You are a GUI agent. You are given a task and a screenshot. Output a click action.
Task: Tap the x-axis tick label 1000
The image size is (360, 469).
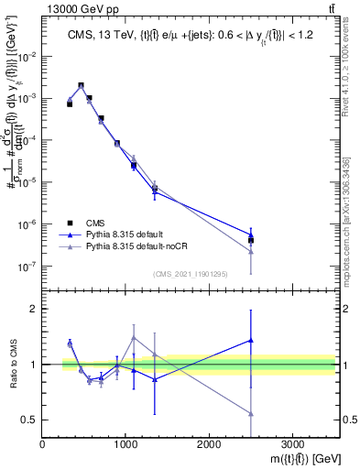coord(125,445)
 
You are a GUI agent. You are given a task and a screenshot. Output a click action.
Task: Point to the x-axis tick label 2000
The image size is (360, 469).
coord(209,445)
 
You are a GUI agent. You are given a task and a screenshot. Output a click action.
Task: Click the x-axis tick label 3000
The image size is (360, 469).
coord(292,445)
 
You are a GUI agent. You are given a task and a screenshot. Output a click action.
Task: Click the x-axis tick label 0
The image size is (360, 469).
coord(42,445)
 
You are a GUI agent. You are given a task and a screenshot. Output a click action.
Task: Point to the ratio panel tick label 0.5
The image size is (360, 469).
coord(28,420)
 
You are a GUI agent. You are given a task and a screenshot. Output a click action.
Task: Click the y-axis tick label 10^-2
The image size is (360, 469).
coord(27,56)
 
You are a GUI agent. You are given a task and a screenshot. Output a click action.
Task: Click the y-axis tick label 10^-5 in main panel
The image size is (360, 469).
coord(27,182)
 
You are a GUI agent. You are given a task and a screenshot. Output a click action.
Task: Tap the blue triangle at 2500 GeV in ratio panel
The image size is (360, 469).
coord(251,340)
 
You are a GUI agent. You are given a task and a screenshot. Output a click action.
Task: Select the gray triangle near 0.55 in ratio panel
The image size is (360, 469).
coord(251,414)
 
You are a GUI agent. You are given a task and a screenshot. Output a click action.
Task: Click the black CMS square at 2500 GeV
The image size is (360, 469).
coord(251,240)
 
